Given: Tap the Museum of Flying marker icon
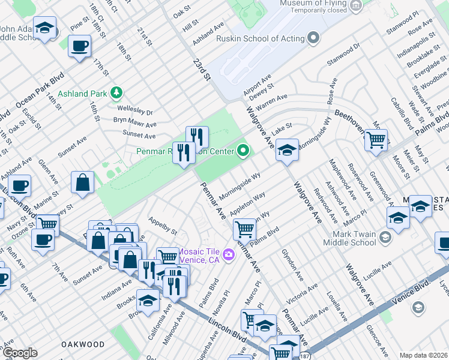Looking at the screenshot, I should tap(357, 7).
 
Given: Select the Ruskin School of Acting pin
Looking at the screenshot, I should tap(313, 39).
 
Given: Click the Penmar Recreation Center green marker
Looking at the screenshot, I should tap(243, 151).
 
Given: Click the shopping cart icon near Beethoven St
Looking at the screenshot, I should tap(376, 140).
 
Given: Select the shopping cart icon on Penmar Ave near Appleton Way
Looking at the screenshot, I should tap(244, 229).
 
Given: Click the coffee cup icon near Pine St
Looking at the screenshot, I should tap(79, 46).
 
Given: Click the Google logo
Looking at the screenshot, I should tap(19, 353).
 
